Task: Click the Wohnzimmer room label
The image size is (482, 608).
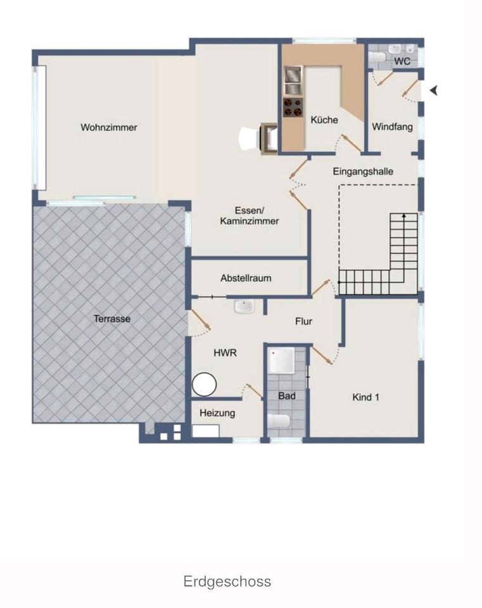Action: (x=108, y=127)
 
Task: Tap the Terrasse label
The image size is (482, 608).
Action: (x=111, y=319)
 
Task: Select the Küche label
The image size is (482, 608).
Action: (x=324, y=120)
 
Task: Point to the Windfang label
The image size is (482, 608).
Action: (x=392, y=127)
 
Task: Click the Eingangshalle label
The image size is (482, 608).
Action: (x=363, y=172)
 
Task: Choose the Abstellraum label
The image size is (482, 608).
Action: (x=246, y=278)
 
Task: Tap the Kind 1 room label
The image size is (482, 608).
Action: (x=365, y=397)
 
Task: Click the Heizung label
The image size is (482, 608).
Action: (x=217, y=414)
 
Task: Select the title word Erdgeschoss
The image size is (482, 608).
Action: (x=227, y=581)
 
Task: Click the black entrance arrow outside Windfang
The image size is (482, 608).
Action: (x=434, y=91)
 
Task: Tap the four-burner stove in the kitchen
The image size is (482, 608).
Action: (x=293, y=108)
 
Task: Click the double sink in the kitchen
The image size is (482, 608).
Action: (x=293, y=80)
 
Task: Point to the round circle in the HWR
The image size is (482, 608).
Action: (x=204, y=384)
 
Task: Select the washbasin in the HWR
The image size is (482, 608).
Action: (x=244, y=307)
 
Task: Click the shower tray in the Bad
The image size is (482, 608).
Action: (x=282, y=361)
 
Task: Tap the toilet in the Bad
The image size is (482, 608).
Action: (x=279, y=421)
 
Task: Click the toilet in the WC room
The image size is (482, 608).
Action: (x=376, y=58)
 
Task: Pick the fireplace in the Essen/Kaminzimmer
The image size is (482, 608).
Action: (x=269, y=139)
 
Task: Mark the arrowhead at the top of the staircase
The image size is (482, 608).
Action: (x=404, y=215)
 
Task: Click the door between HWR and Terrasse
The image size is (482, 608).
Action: (x=200, y=319)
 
